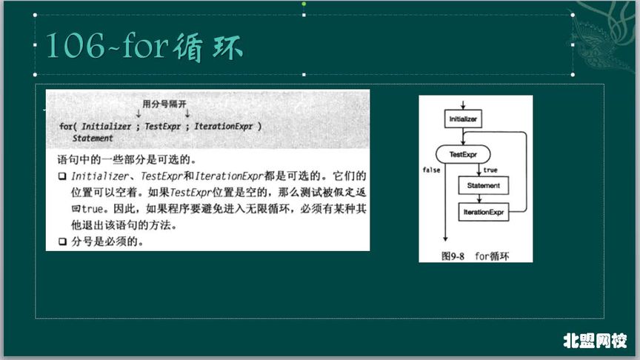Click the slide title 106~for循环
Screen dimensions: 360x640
click(144, 46)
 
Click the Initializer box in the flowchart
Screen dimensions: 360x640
click(464, 119)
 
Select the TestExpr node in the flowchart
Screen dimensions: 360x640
click(463, 154)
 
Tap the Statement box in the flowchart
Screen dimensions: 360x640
click(482, 185)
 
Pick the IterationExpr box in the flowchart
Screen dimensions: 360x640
click(483, 213)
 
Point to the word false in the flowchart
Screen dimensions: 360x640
click(431, 170)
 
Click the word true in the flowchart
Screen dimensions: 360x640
click(490, 170)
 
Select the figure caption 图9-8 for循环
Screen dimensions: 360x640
click(476, 256)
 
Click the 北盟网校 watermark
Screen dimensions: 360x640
click(595, 341)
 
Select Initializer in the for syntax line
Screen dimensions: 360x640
click(106, 127)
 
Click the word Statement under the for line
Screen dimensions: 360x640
click(93, 139)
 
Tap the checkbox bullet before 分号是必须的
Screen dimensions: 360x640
click(62, 241)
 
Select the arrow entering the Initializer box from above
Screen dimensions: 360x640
click(463, 104)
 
